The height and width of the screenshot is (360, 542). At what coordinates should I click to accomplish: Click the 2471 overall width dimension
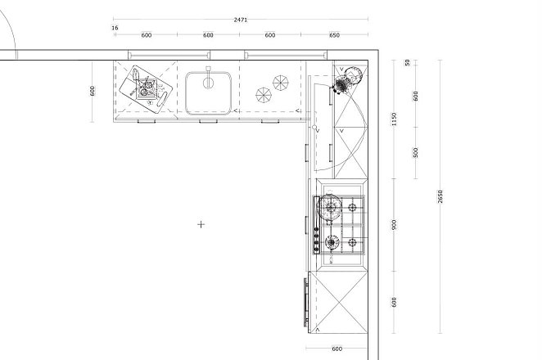click(x=241, y=20)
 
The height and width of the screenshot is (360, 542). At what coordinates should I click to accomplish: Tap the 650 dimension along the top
click(x=334, y=35)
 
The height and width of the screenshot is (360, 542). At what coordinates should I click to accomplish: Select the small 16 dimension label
click(x=115, y=28)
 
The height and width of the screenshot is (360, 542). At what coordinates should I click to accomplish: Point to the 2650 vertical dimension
click(x=440, y=196)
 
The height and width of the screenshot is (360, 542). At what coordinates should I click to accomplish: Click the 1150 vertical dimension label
click(x=394, y=119)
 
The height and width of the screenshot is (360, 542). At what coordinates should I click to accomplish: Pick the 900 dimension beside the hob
click(x=394, y=224)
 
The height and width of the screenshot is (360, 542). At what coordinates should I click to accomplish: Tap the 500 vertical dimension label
click(x=415, y=152)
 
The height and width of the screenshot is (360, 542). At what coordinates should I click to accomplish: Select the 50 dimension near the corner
click(x=408, y=62)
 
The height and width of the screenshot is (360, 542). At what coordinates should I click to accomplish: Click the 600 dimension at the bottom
click(x=336, y=349)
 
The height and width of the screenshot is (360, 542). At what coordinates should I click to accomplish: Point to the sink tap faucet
click(x=208, y=78)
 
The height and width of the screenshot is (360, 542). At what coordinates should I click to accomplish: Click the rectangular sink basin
click(x=208, y=93)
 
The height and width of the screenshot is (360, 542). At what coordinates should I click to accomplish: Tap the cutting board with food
click(x=146, y=89)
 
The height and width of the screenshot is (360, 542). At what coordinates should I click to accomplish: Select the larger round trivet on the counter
click(x=280, y=83)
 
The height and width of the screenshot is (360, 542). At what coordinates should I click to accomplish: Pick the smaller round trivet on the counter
click(x=264, y=96)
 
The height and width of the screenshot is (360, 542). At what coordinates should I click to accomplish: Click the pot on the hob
click(x=329, y=207)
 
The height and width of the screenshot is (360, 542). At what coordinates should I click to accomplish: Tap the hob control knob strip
click(x=316, y=225)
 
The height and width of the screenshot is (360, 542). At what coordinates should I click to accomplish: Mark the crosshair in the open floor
click(x=201, y=224)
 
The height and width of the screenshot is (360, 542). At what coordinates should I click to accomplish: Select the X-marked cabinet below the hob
click(x=341, y=302)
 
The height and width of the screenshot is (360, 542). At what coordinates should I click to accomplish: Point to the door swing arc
click(x=11, y=28)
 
